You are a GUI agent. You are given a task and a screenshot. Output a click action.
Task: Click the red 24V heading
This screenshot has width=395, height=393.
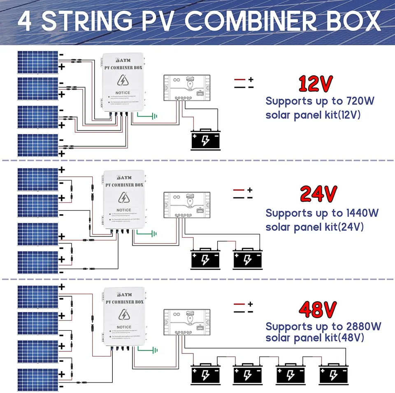(x=318, y=194)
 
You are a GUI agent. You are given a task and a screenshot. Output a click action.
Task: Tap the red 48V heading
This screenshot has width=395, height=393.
(x=318, y=310)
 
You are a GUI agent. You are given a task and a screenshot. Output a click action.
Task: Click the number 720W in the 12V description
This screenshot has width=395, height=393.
(x=357, y=101)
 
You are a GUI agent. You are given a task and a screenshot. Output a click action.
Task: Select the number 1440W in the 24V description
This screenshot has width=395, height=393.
(x=357, y=213)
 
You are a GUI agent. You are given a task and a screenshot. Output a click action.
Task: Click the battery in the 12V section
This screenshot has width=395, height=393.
(x=206, y=140)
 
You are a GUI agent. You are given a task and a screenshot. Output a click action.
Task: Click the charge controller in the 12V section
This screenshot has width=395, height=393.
(x=187, y=87)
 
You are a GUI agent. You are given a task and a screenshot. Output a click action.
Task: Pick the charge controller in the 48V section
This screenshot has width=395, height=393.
(x=187, y=321)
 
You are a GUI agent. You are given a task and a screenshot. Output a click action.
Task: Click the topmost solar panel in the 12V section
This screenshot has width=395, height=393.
(x=37, y=62)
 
